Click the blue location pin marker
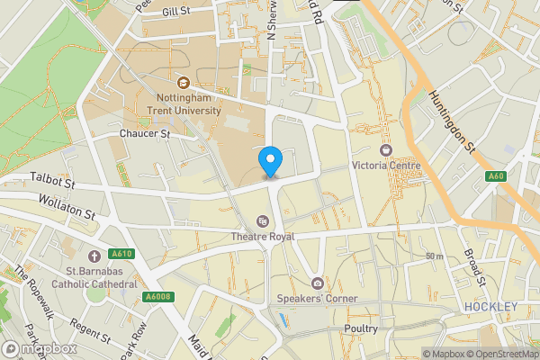pos(270,162)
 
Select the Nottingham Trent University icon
pos(184,83)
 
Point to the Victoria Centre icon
pos(387,149)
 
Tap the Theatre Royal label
pos(263,236)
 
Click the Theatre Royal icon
pos(263,220)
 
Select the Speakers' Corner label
pos(317,299)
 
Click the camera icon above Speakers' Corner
pos(317,283)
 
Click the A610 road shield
pos(123,254)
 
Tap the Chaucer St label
pos(145,133)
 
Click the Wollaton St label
pos(65,209)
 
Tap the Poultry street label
pos(362,329)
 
